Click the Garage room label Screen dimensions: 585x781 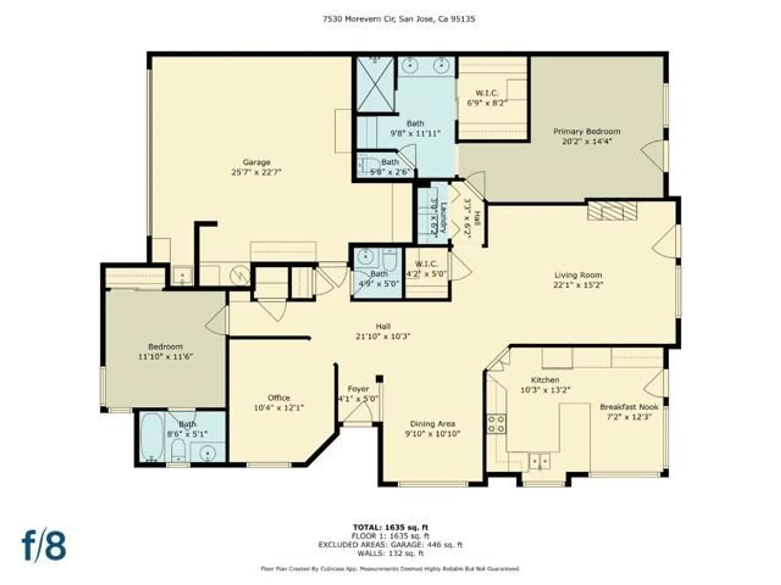pos(256,162)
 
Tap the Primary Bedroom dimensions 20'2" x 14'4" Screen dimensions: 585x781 pos(587,142)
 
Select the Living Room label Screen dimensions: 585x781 pos(578,275)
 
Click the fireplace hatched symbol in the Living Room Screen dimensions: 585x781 pos(612,211)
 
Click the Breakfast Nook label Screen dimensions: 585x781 pos(629,407)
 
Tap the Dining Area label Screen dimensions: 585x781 pos(432,424)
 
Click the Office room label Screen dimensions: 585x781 pos(278,398)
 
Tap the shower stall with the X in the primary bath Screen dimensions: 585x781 pos(375,85)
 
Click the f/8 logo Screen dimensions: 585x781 pos(44,545)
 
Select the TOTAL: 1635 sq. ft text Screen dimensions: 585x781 pos(390,528)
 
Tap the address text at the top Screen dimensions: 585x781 pos(399,19)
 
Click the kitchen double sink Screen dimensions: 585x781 pos(539,461)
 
